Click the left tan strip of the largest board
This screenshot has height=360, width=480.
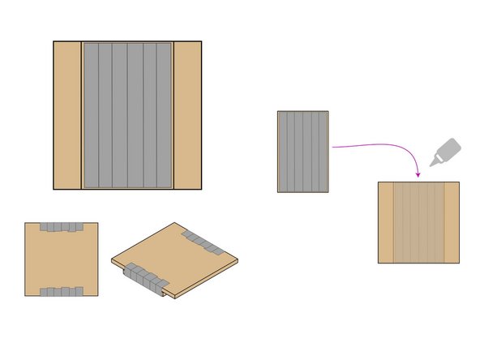pos(67,115)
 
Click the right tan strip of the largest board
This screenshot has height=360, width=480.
pos(187,115)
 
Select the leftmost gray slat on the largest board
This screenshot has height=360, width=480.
pos(91,115)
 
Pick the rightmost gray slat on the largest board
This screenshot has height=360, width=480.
pos(165,115)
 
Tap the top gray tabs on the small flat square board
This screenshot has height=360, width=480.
pos(62,227)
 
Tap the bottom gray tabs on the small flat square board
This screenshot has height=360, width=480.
pos(62,291)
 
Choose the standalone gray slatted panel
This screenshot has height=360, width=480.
pos(302,152)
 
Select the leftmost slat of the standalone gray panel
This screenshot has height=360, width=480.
pos(283,152)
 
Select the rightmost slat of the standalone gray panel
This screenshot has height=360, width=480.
pos(323,152)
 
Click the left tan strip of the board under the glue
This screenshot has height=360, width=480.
pos(386,222)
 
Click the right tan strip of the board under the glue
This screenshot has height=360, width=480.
pos(452,222)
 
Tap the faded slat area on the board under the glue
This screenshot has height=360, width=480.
pos(418,222)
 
